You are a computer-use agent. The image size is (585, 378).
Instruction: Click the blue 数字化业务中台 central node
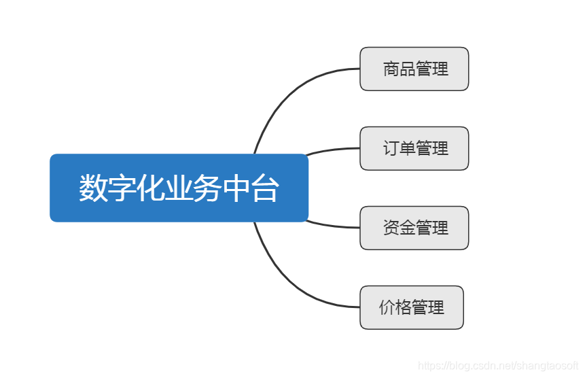[x=179, y=188]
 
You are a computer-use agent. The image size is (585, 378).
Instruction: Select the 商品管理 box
[x=414, y=69]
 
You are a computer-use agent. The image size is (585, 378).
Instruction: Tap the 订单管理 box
[x=414, y=148]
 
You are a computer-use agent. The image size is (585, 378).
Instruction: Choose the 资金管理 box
[x=414, y=228]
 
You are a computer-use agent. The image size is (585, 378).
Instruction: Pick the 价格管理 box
[x=411, y=307]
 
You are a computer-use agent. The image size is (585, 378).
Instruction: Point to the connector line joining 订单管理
[x=333, y=150]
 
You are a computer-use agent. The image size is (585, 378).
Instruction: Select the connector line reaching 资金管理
[x=333, y=226]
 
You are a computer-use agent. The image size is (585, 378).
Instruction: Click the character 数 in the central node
[x=93, y=188]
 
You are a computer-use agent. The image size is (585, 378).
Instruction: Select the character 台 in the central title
[x=264, y=188]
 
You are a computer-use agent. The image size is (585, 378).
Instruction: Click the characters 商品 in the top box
[x=399, y=69]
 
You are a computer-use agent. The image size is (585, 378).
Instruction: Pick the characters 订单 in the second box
[x=399, y=148]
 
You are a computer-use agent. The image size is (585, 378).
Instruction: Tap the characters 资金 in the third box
[x=399, y=228]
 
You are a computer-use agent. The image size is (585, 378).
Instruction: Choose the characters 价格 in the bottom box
[x=395, y=307]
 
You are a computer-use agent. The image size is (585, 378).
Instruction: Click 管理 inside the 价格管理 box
[x=428, y=307]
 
